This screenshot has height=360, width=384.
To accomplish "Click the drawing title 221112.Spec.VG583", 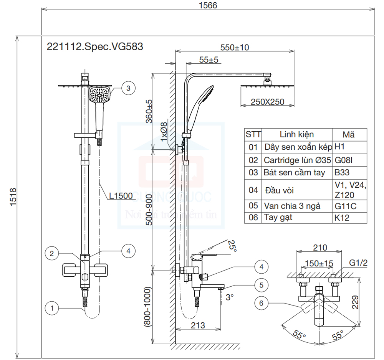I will [94, 47].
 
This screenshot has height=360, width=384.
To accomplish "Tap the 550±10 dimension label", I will [235, 48].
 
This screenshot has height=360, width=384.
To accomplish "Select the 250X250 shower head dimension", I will [267, 102].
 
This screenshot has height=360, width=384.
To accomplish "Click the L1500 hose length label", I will [121, 196].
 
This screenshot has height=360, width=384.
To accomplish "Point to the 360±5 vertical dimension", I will [149, 112].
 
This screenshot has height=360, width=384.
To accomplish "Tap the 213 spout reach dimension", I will [197, 325].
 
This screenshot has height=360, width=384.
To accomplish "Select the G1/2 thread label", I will [358, 263].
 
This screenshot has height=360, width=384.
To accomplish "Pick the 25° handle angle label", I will [232, 245].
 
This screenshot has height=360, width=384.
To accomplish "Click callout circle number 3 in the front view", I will [128, 88].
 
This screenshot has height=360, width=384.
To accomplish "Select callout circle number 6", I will [261, 303].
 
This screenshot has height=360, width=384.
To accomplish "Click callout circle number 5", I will [261, 285].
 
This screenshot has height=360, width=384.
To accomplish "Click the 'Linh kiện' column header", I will [296, 134].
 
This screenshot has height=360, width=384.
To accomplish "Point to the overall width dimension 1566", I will [208, 5].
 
